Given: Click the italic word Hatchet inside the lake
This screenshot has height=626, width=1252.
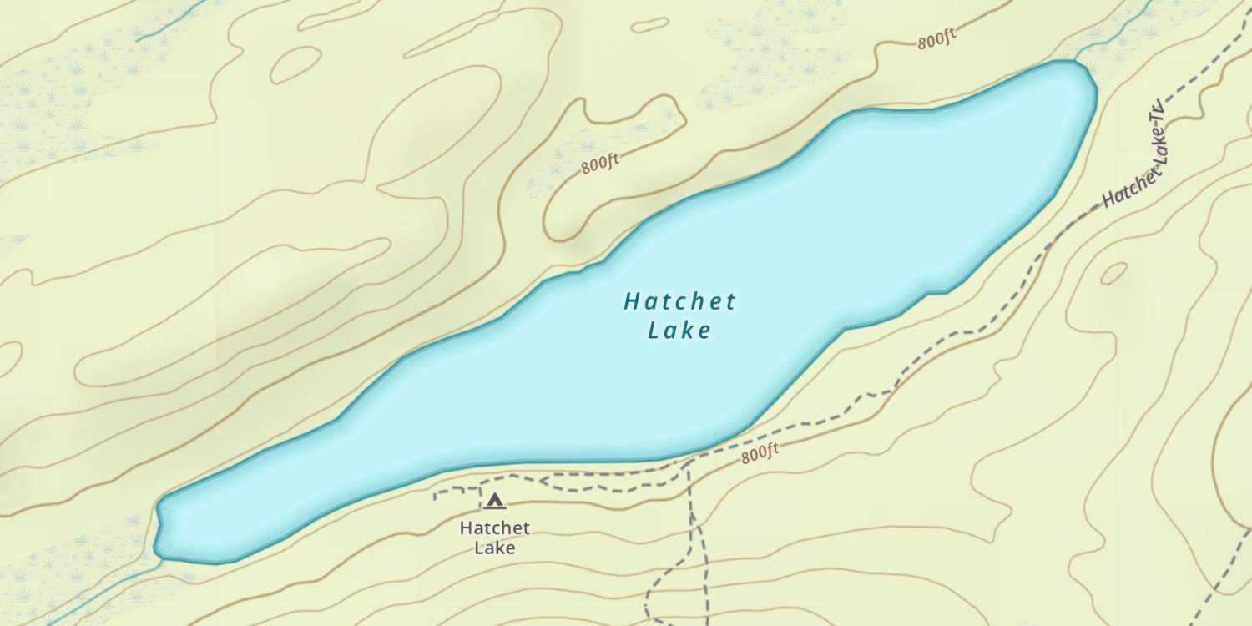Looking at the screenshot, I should point(679,301).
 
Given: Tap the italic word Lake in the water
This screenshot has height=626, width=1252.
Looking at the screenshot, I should point(679,331).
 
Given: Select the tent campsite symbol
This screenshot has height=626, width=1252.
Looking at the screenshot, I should point(495,501).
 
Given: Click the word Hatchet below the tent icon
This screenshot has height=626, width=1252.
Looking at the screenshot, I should point(494,528).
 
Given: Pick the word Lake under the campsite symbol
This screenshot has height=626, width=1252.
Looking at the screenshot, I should point(494,548).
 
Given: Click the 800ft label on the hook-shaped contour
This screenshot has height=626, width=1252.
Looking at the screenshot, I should point(600,163).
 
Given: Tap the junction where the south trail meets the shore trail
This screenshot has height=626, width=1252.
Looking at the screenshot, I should point(689,461).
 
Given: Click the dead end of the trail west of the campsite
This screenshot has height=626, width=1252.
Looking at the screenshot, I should point(435,497).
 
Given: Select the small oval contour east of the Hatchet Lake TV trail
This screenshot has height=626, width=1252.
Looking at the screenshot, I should point(1113,273).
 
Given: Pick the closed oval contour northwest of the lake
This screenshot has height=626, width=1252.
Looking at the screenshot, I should point(295,64).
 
